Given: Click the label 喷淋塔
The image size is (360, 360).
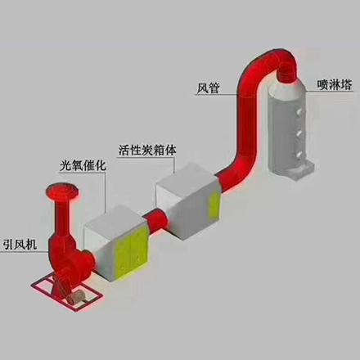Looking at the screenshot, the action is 335,85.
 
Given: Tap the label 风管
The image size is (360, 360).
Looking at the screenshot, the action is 208,88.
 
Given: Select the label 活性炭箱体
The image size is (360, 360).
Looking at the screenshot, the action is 147,150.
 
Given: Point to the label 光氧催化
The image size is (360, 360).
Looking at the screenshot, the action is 83,165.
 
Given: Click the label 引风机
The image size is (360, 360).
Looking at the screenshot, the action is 20,244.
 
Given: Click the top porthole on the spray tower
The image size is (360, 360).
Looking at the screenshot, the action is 299,112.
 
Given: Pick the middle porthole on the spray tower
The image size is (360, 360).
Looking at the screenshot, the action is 299,133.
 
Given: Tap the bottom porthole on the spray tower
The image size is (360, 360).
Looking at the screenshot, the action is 299,155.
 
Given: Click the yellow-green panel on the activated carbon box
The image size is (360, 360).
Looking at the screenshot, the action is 214,206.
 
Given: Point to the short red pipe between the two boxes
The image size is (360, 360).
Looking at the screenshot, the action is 155,220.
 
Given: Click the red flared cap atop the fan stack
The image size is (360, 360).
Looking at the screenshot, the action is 62,191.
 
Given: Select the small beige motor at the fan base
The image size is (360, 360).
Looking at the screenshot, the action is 77,296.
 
